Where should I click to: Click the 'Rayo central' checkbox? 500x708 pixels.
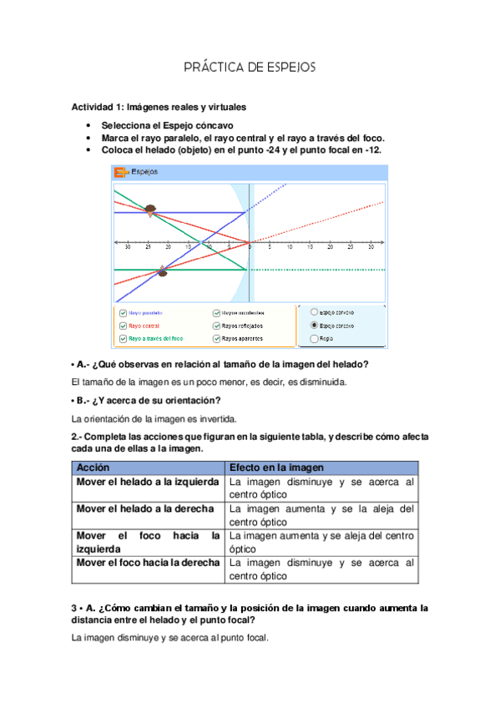(123, 326)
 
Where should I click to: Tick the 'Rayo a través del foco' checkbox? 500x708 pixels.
(123, 338)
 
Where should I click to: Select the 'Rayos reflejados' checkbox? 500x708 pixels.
(216, 326)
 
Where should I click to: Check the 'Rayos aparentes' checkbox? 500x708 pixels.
(216, 338)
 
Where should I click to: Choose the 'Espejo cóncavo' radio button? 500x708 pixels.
(314, 325)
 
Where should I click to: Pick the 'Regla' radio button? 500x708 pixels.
(314, 338)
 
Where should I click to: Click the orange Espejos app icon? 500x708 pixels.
(120, 173)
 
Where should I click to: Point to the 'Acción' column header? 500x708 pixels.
(93, 468)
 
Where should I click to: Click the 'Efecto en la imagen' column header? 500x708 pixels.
(276, 468)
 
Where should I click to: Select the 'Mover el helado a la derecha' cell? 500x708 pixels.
(145, 508)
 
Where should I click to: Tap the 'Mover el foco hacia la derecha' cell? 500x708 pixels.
(148, 563)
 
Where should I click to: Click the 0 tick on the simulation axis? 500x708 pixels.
(250, 248)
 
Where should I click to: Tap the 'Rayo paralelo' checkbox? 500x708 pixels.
(123, 312)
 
